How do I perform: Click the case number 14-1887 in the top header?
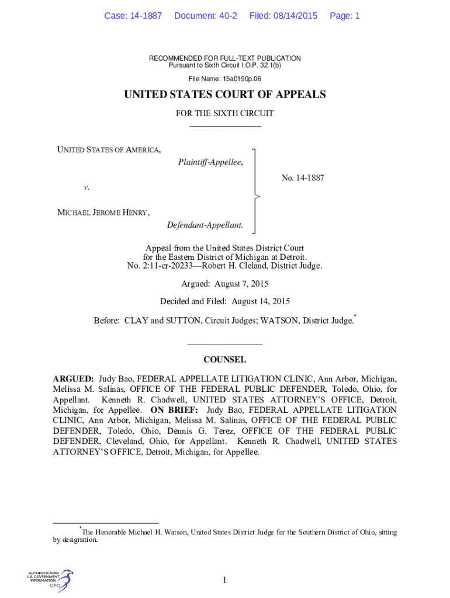[x=145, y=16]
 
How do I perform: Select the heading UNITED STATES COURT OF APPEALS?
[x=225, y=95]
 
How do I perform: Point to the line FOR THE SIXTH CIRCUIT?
[x=225, y=113]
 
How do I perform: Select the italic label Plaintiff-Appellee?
[x=210, y=162]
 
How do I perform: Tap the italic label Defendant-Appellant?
[x=205, y=225]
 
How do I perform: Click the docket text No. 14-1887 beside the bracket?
[x=303, y=178]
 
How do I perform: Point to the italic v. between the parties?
[x=86, y=187]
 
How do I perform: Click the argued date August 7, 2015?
[x=240, y=284]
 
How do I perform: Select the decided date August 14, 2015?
[x=261, y=301]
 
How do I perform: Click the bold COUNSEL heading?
[x=224, y=360]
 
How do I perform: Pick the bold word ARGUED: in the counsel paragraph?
[x=73, y=378]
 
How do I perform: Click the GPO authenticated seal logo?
[x=50, y=580]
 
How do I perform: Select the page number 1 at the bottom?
[x=224, y=580]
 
